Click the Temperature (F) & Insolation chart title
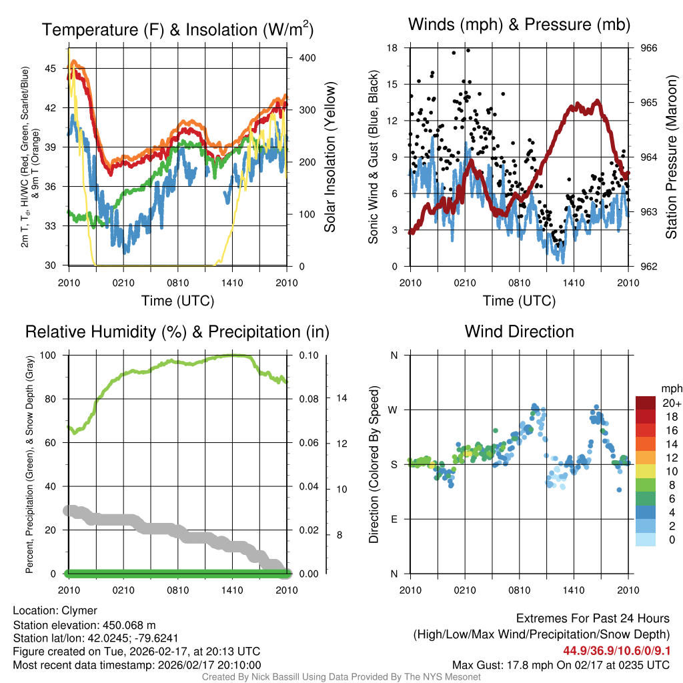[177, 29]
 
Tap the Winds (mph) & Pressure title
[519, 25]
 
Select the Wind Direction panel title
[519, 331]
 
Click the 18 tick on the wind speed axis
[392, 48]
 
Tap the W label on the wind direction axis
[394, 410]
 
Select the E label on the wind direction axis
[394, 519]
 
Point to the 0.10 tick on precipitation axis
[308, 355]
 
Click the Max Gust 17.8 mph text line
[561, 664]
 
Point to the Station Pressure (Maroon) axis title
[672, 157]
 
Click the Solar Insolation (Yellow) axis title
[329, 157]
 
